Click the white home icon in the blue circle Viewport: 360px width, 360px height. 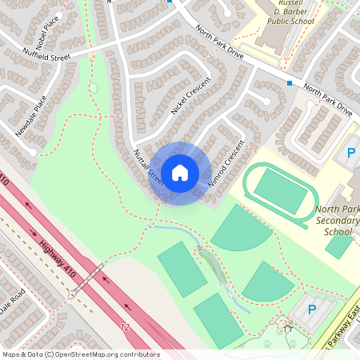pos(179,173)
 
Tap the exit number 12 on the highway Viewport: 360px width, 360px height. pos(125,327)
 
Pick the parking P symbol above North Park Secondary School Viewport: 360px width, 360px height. pos(350,152)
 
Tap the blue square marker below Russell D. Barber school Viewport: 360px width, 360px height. pos(289,82)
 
